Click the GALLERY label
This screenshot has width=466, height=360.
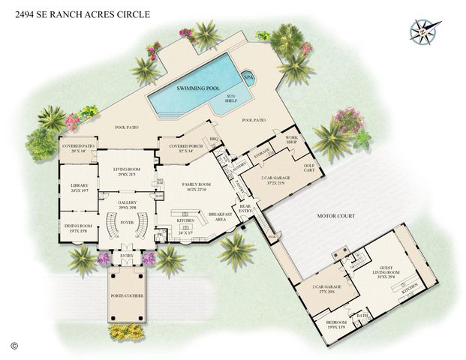(x=127, y=204)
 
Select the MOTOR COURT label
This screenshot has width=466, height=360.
(x=335, y=216)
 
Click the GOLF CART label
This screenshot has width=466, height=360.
(x=308, y=168)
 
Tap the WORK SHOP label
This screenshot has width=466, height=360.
(x=291, y=141)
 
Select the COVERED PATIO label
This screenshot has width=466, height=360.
(x=78, y=148)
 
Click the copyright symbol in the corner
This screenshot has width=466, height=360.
(x=14, y=346)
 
